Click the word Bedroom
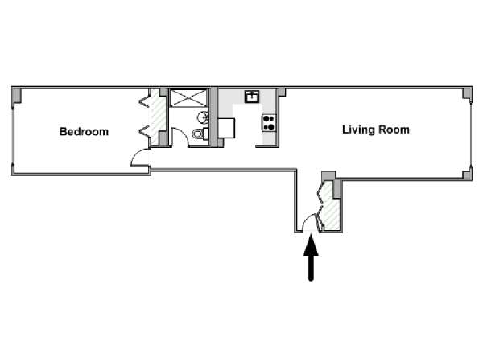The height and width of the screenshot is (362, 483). pos(84,132)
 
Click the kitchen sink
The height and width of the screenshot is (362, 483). pos(252,97)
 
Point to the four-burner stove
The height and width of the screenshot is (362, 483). pos(269,123)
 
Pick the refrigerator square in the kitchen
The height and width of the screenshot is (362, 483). pos(226,129)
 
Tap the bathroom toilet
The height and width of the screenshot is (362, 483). pos(200,134)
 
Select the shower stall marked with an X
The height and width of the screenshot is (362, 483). pos(189,98)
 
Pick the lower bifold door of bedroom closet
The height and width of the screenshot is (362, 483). pos(144,132)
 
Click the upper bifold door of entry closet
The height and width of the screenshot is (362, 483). pos(321,191)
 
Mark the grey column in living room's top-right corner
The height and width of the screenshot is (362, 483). pos(467,93)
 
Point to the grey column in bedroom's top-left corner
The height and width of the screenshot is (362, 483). pos(16,95)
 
